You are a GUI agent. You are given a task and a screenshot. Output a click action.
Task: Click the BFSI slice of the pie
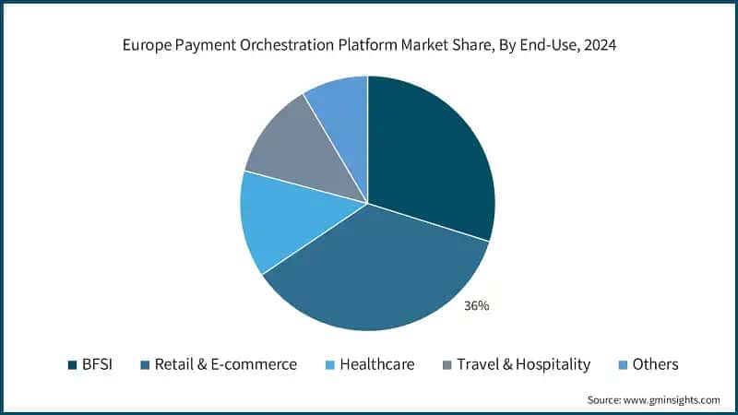[x=429, y=157]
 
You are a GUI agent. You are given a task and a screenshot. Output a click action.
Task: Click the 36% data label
[x=477, y=305]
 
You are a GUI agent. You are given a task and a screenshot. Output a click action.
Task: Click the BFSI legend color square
[x=72, y=364]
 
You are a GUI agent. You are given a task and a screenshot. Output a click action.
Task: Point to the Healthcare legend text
[x=377, y=364]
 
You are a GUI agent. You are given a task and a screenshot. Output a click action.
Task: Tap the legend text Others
[x=655, y=364]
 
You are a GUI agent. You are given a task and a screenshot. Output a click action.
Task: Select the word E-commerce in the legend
[x=257, y=364]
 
